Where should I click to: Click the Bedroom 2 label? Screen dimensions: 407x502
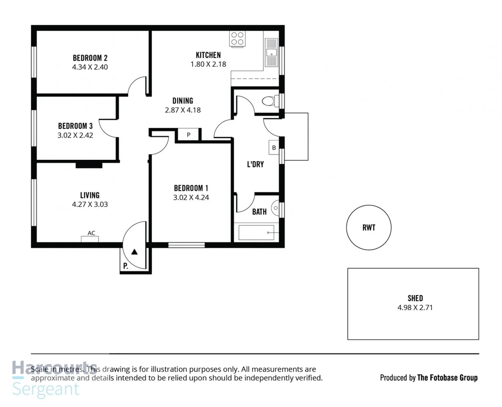(90, 58)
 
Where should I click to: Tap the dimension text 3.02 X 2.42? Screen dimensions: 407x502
(75, 135)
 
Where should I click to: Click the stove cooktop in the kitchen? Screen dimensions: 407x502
(237, 39)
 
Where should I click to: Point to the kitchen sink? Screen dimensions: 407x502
(271, 52)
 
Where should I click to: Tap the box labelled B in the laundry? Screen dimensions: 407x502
(274, 148)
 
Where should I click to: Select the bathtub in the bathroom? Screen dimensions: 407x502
(256, 233)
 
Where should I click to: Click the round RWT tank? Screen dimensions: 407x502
(368, 228)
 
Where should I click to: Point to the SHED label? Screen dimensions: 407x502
(415, 298)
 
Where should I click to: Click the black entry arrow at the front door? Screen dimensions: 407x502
(135, 252)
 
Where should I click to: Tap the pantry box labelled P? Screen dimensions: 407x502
(188, 135)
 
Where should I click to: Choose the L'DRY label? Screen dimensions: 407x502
(255, 165)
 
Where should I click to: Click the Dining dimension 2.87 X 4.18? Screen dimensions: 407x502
(183, 110)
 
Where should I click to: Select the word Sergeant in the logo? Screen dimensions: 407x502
(46, 389)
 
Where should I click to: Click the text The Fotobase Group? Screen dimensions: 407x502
(447, 378)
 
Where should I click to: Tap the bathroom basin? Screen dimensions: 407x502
(275, 208)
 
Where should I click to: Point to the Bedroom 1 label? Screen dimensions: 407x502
(191, 188)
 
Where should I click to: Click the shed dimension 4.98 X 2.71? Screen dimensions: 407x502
(415, 307)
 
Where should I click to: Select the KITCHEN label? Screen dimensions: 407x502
(208, 55)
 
